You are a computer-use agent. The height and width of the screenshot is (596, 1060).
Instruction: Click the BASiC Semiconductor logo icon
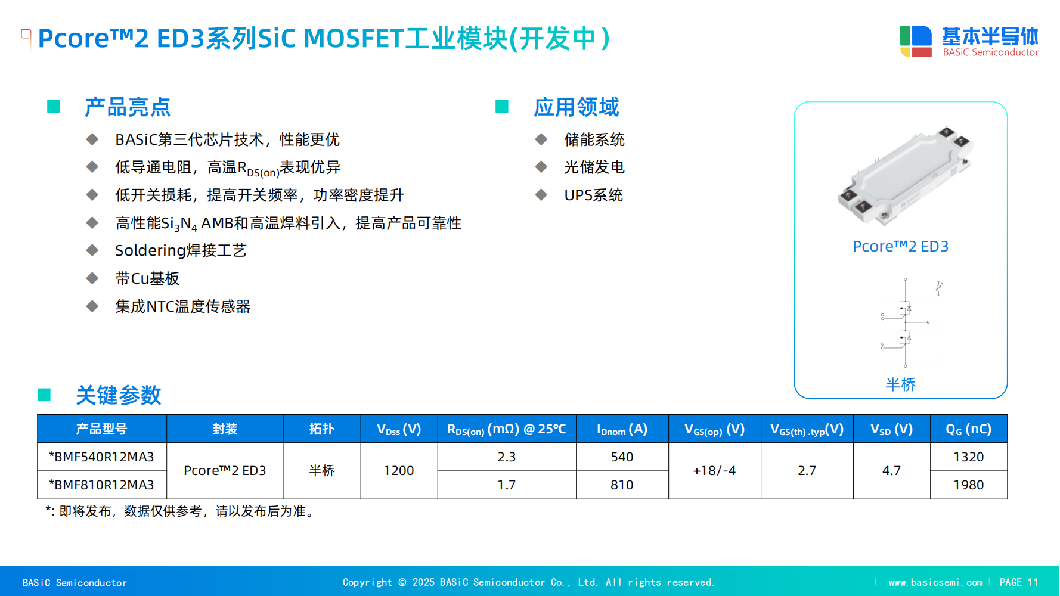tap(916, 41)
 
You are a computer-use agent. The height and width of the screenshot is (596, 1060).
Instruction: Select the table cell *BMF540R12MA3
tap(101, 457)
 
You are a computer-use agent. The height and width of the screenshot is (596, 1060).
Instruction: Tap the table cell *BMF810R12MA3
tap(101, 485)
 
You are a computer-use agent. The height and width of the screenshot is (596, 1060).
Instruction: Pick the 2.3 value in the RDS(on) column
tap(507, 457)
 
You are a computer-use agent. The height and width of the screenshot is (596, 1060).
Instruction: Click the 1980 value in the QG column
tap(969, 485)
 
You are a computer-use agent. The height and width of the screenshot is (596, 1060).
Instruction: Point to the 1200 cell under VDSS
tap(399, 471)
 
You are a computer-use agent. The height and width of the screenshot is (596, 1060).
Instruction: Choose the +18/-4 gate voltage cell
tap(714, 471)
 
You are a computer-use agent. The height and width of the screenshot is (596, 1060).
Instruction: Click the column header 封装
tap(225, 429)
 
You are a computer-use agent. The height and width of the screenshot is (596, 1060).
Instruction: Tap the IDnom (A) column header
tap(622, 429)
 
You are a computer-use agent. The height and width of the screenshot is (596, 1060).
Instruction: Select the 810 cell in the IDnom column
tap(622, 485)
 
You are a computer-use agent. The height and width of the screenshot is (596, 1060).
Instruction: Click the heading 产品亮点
tap(128, 107)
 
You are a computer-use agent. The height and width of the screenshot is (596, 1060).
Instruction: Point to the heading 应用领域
tap(577, 107)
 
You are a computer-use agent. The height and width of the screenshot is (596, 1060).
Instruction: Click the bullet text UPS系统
tap(594, 195)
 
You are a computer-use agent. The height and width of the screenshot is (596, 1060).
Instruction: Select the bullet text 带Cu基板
tap(147, 279)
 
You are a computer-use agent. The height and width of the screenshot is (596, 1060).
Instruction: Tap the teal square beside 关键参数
tap(44, 395)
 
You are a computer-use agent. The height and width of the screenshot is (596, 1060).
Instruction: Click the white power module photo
tap(906, 176)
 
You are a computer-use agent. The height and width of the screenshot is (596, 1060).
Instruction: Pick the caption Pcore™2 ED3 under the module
tap(900, 246)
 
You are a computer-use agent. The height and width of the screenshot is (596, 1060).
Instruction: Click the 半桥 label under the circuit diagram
tap(900, 384)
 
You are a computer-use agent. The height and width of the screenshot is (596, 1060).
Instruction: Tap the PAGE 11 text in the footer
tap(1019, 582)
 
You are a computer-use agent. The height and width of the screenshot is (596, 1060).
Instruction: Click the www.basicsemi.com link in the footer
tap(935, 582)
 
